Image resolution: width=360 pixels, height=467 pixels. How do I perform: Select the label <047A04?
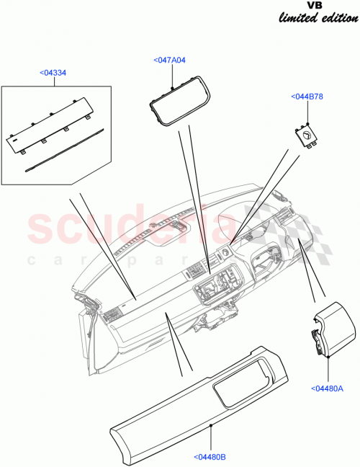[170, 61]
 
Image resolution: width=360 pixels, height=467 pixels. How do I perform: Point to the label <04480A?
[330, 389]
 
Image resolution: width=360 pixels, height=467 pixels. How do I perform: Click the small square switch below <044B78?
[306, 137]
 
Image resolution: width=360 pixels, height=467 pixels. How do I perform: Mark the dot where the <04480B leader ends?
[210, 426]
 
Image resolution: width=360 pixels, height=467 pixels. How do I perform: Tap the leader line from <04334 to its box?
[54, 80]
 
